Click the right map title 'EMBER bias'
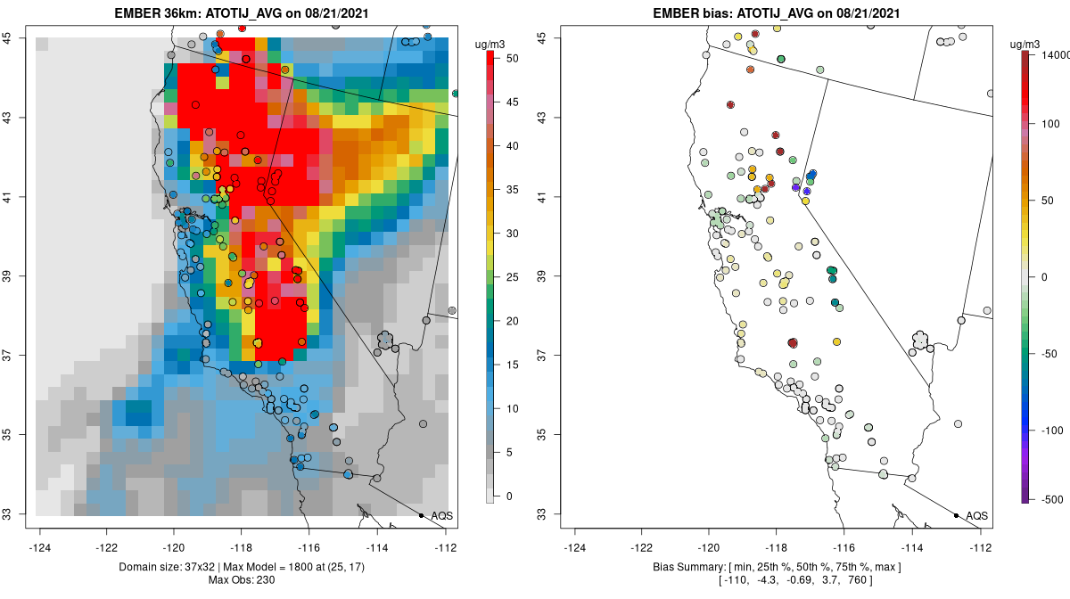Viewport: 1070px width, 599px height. click(x=692, y=13)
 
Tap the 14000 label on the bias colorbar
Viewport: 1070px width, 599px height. click(x=1049, y=55)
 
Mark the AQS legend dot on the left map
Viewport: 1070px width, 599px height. click(x=421, y=515)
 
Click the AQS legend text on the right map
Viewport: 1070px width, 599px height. click(x=976, y=515)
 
